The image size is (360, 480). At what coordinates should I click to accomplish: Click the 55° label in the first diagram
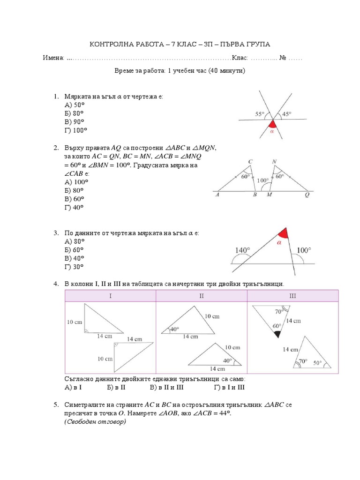click(260, 114)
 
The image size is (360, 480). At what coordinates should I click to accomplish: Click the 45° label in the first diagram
click(287, 114)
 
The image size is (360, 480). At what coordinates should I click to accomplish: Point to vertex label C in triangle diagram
click(250, 162)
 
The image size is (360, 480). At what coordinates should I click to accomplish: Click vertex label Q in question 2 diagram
click(307, 195)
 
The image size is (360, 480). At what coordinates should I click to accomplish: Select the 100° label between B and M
click(263, 180)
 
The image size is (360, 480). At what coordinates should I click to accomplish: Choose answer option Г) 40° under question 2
click(74, 207)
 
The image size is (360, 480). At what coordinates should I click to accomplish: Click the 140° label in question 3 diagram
click(242, 251)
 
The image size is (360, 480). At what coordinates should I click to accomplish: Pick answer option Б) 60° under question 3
click(74, 250)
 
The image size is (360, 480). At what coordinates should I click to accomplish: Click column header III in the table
click(293, 296)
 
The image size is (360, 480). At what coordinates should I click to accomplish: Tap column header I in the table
click(111, 296)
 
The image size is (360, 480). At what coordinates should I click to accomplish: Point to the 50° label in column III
click(317, 363)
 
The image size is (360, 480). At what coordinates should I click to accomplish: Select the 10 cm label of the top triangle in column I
click(75, 322)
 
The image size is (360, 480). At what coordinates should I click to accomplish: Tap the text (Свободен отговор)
click(95, 422)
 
